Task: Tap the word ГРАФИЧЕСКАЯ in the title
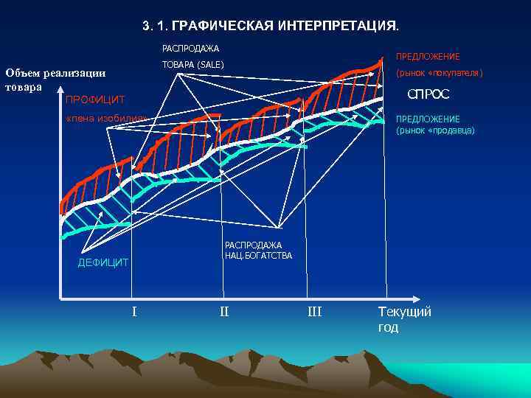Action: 226,26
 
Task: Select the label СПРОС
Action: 428,95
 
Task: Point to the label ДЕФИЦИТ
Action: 103,262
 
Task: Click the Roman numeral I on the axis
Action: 133,311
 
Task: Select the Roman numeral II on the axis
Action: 224,311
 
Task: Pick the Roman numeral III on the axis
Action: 314,311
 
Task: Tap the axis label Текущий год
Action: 404,318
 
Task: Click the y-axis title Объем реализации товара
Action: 55,79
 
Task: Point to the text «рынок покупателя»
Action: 439,73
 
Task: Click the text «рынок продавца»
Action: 435,130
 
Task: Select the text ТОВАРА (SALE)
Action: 192,65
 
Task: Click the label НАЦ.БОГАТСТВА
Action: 258,256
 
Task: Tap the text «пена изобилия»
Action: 107,119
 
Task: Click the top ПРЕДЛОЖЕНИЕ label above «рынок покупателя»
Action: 428,57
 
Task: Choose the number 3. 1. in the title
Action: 157,26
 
